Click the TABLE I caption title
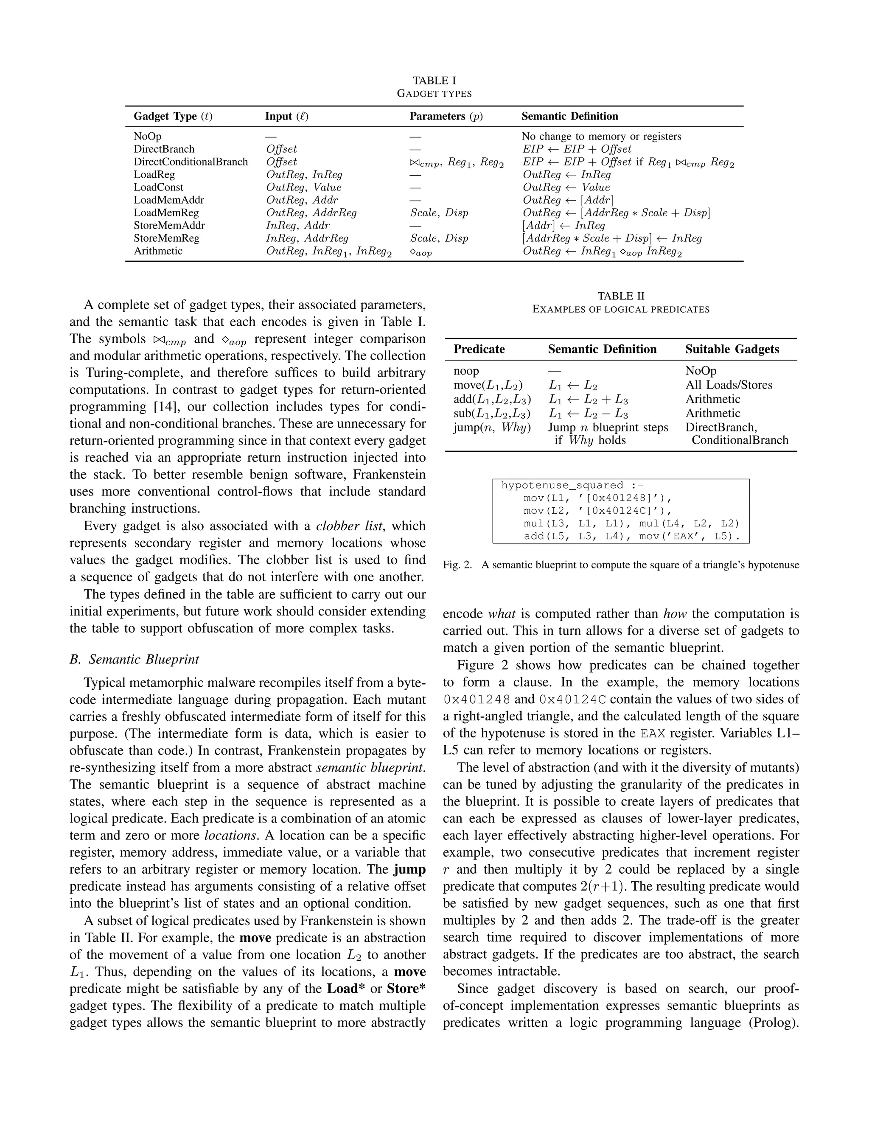click(x=434, y=80)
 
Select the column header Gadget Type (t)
click(x=173, y=116)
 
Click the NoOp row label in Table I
click(x=147, y=137)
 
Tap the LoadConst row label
click(x=159, y=187)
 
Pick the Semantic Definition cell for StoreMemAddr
click(x=564, y=225)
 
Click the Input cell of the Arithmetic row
click(x=328, y=251)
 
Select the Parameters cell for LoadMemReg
click(x=439, y=212)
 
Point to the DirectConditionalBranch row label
click(x=191, y=162)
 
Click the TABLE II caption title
click(x=621, y=296)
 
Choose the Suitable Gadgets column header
click(x=732, y=349)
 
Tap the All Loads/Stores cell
click(x=729, y=385)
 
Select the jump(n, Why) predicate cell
click(x=492, y=427)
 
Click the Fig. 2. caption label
click(x=457, y=565)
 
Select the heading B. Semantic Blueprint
click(x=135, y=659)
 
